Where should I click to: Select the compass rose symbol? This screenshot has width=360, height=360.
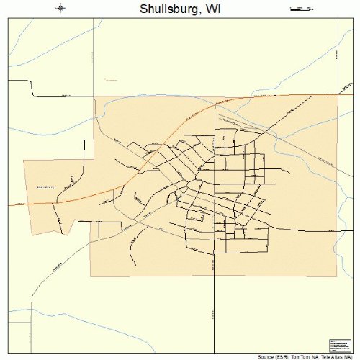[60, 9]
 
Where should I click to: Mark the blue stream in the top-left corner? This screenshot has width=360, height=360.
[29, 36]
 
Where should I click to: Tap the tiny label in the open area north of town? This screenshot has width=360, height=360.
[109, 78]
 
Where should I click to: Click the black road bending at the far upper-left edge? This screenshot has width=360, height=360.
[32, 90]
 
